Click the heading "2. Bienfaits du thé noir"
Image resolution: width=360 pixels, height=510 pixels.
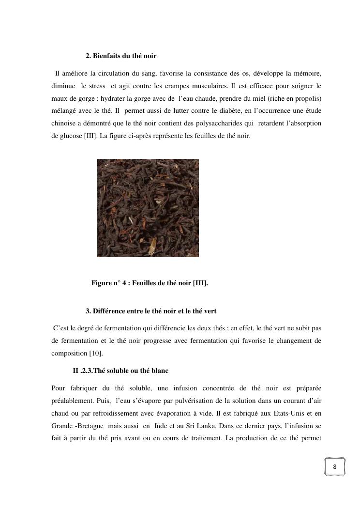tap(121, 56)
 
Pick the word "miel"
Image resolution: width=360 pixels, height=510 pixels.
tap(258, 98)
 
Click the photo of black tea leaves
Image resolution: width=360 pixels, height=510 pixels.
tap(148, 208)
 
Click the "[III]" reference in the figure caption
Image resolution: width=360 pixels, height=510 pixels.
tap(200, 283)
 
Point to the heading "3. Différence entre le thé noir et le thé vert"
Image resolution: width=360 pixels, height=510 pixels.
tap(154, 310)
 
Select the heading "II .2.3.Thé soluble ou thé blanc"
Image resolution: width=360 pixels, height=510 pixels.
tap(120, 371)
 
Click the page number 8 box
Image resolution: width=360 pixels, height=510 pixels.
tap(334, 467)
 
